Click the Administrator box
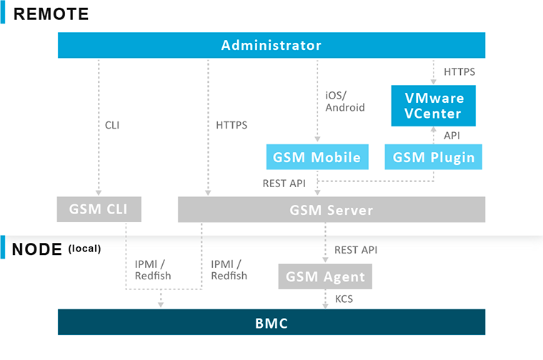pos(271,46)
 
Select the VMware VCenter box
pos(434,105)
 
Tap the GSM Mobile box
pos(317,157)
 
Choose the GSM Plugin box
pos(434,157)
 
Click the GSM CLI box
pos(99,210)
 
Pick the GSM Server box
pos(332,210)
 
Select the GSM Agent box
pos(325,276)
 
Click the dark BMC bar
pos(271,323)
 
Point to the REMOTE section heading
pos(52,13)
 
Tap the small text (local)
pos(84,249)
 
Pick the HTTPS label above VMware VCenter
pos(459,72)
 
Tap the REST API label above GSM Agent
pos(356,250)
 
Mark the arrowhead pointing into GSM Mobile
pos(317,141)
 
